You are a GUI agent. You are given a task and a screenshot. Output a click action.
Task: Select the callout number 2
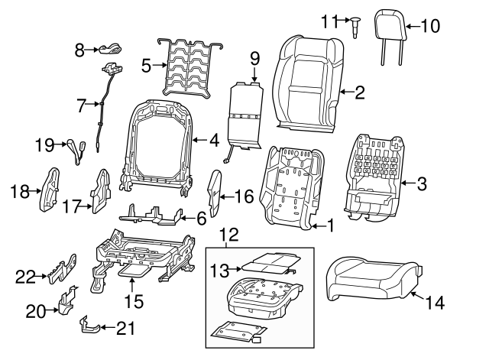pos(360,92)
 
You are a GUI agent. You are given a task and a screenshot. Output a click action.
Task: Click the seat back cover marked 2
pos(307,83)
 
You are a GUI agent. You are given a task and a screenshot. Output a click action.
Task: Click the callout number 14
pos(434,303)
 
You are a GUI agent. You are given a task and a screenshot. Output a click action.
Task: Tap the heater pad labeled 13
pos(266,263)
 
